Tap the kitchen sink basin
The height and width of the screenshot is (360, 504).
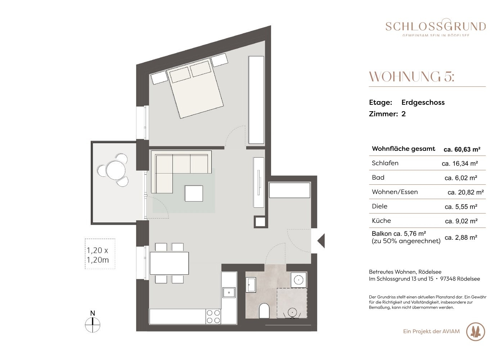[x=229, y=293]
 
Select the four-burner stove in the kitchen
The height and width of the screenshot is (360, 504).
[x=213, y=316]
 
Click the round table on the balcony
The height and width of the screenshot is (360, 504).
[x=116, y=170]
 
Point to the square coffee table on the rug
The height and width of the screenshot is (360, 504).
[x=194, y=193]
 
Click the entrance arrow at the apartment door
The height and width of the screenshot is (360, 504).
[x=321, y=241]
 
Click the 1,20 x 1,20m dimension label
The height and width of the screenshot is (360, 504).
[x=98, y=255]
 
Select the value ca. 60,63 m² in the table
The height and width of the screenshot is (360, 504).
[x=462, y=149]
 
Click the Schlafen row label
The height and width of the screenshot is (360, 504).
[x=385, y=163]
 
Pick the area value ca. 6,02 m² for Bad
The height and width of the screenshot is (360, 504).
[x=461, y=178]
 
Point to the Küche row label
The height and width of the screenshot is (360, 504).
[x=381, y=220]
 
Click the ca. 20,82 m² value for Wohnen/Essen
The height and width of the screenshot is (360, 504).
[x=465, y=192]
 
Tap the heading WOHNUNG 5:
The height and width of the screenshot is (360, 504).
[x=411, y=77]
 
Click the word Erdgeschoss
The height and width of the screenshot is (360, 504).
[x=423, y=102]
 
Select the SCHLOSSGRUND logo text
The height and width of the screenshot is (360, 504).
[x=436, y=27]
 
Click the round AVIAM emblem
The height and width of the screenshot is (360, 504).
[x=476, y=332]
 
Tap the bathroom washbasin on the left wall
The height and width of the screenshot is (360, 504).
[x=251, y=285]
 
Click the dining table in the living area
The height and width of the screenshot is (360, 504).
[x=169, y=263]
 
